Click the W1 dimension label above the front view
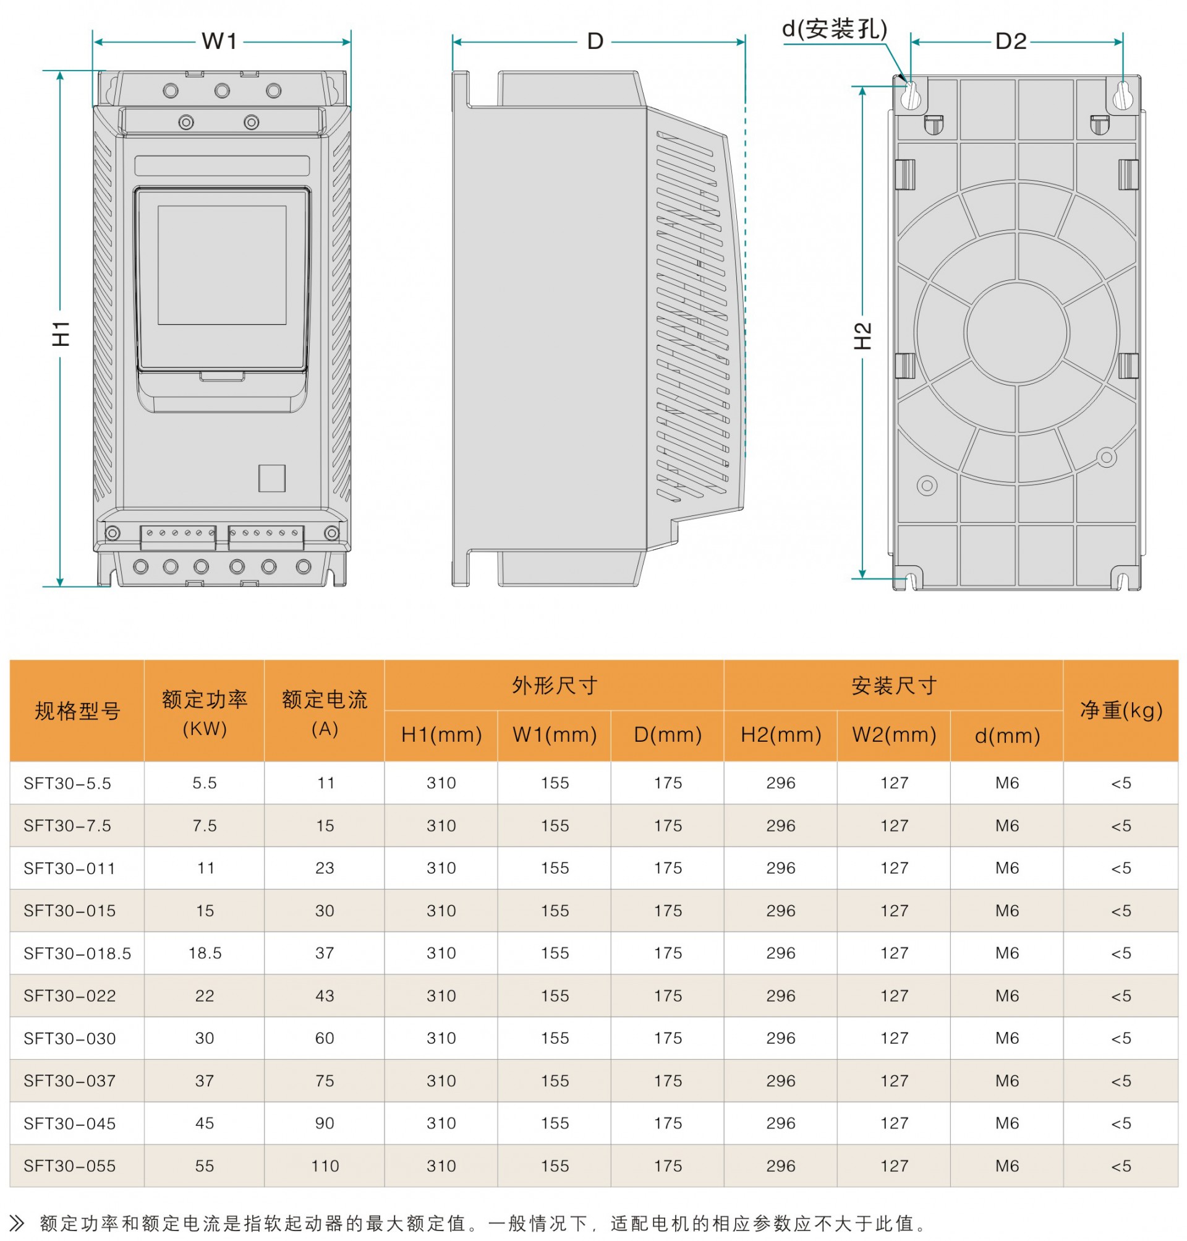pos(219,41)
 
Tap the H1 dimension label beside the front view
pos(61,333)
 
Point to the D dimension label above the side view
pos(595,41)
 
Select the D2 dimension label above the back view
pos(1010,41)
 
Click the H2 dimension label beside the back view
pos(863,335)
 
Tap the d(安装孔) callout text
pos(835,28)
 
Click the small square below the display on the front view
pos(272,479)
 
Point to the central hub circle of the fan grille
pos(1017,332)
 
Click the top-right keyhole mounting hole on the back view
pos(1123,95)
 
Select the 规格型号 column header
pos(77,711)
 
